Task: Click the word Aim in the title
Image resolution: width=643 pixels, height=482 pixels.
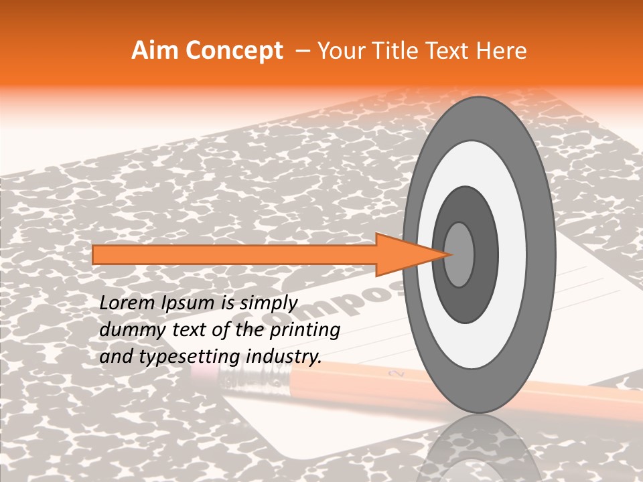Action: (x=155, y=52)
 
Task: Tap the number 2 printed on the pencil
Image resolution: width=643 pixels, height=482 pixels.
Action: (x=392, y=372)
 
